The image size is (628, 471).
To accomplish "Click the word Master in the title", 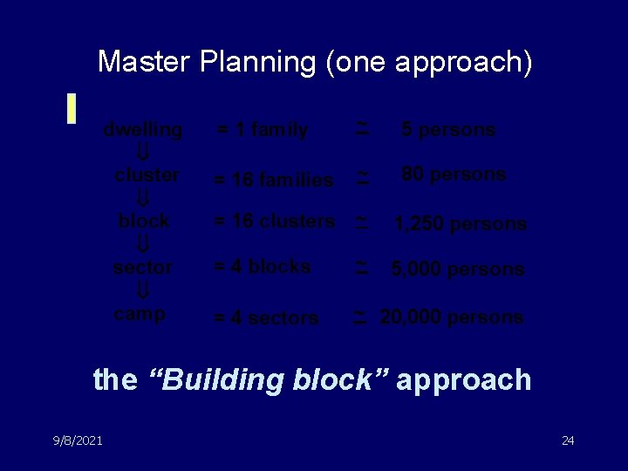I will [144, 62].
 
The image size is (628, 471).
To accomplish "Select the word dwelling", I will [143, 130].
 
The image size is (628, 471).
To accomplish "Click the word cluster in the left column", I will [147, 174].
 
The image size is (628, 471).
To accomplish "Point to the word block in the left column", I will [144, 221].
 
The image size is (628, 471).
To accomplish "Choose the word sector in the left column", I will [143, 267].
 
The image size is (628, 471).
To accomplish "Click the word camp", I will [140, 313].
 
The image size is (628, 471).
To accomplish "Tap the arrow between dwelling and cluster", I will [145, 153].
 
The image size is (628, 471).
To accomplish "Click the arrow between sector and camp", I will [145, 290].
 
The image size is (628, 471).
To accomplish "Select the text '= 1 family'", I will [262, 131].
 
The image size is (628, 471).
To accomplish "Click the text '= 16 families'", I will [274, 181].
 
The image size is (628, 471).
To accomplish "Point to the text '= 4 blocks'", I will [263, 267].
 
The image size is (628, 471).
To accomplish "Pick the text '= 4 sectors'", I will [266, 318].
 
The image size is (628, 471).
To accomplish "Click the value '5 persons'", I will [448, 130].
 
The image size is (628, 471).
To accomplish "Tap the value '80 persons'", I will [454, 174].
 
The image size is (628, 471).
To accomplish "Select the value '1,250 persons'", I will [460, 224].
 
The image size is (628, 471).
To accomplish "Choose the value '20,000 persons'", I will [452, 317].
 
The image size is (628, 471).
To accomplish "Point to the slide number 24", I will [568, 440].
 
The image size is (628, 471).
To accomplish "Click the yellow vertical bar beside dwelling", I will [73, 106].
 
